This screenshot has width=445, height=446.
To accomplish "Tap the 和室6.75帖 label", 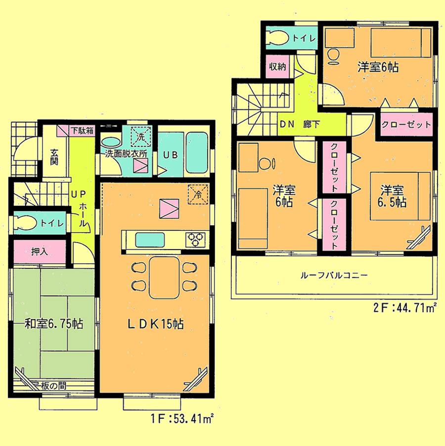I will (47, 325).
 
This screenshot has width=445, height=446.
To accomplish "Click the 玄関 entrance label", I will (54, 156).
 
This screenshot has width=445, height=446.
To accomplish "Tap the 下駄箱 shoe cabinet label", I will (80, 131).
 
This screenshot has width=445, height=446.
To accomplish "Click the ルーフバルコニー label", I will (333, 275).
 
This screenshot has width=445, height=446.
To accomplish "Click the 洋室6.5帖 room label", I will (394, 196).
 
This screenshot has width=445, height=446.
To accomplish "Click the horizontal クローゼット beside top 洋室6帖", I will (406, 124).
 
